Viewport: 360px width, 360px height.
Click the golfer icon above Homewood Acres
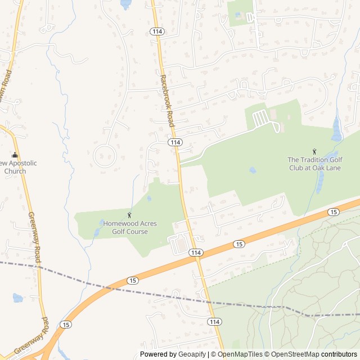tap(130, 215)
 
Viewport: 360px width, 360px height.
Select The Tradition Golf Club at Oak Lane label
tap(314, 163)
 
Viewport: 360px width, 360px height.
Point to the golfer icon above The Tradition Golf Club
tap(314, 151)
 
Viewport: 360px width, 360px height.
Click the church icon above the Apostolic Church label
tap(15, 155)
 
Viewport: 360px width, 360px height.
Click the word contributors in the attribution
tap(339, 354)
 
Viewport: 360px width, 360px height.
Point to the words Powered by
tap(157, 354)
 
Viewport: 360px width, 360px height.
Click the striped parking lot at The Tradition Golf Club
tap(260, 119)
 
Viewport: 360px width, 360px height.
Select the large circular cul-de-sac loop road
tap(105, 155)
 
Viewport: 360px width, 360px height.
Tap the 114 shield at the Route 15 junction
tap(196, 253)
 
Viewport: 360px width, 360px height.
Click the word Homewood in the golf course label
tap(120, 223)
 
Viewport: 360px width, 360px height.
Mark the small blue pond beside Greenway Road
tap(17, 298)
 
